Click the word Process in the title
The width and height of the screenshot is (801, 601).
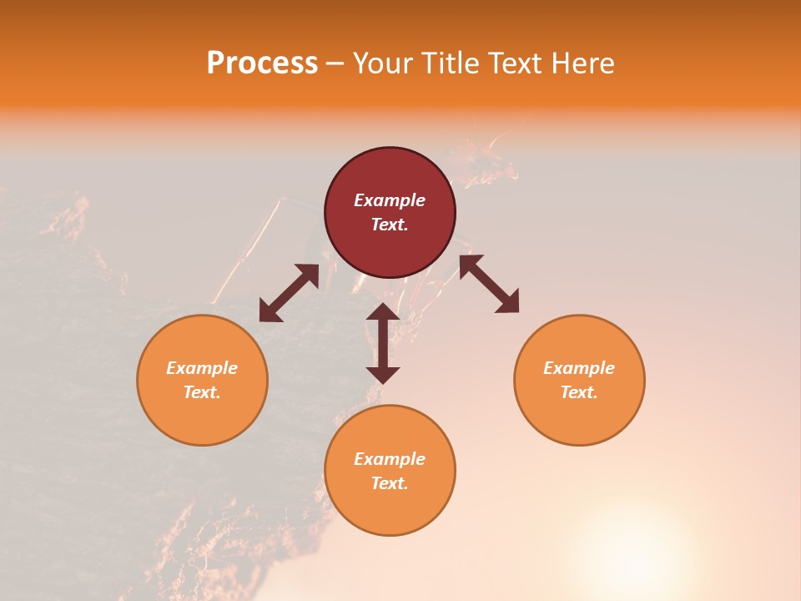262,63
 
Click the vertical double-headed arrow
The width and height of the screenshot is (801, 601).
383,343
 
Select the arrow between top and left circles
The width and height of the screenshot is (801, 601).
289,293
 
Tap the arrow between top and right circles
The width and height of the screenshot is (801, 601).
489,285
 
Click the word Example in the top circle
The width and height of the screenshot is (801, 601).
390,200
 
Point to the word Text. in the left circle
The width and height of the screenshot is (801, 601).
202,392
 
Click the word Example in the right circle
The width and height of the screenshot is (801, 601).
579,368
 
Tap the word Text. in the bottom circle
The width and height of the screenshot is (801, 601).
390,483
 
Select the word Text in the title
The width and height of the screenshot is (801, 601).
516,63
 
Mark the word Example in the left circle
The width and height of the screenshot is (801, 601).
202,368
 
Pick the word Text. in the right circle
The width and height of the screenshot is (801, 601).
579,392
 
